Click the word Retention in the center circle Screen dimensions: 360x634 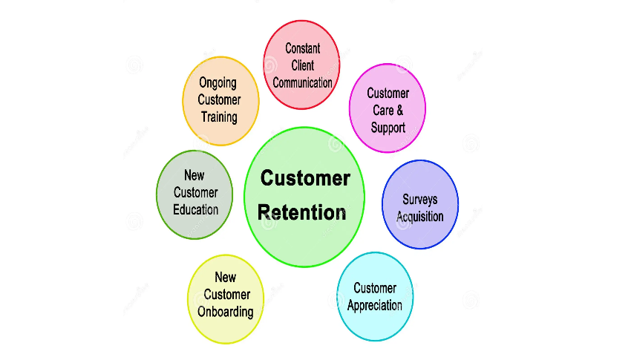[x=301, y=212]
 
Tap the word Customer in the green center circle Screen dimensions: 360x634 [x=305, y=179]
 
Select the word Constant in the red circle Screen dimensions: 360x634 [x=302, y=48]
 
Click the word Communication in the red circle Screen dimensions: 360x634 [x=302, y=82]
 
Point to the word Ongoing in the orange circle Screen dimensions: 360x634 [x=218, y=83]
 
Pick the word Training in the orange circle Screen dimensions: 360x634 [x=219, y=117]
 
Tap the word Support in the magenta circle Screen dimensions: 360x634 [x=388, y=127]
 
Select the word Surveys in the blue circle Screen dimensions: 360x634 [x=419, y=200]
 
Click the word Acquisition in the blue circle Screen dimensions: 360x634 [x=419, y=217]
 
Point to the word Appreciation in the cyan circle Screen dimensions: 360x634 [x=375, y=305]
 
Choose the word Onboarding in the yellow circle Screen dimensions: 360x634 [x=225, y=312]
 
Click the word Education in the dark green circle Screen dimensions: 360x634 [x=195, y=209]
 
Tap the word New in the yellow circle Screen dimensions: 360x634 [x=225, y=278]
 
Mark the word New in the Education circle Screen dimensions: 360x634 [x=195, y=176]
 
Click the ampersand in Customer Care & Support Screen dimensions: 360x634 [x=399, y=111]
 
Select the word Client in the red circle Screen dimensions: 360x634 [x=302, y=65]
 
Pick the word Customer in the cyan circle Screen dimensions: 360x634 [x=375, y=288]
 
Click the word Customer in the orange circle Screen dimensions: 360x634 [x=219, y=99]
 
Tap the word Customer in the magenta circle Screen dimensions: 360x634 [x=388, y=94]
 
